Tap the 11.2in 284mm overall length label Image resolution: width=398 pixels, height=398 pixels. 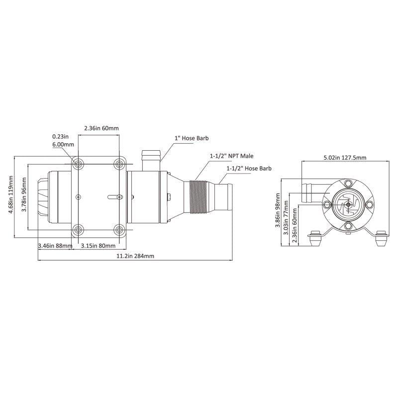pos(136,256)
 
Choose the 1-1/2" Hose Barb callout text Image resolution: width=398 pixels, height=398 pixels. pos(249,169)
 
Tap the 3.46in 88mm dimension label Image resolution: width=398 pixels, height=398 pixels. pos(55,245)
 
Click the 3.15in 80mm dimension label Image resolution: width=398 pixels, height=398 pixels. pos(99,245)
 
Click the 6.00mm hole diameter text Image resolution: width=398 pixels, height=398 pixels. pos(63,144)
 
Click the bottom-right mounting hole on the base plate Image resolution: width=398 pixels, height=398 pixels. pos(119,229)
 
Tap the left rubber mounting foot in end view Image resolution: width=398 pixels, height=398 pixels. pos(315,239)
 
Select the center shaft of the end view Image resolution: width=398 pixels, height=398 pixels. pos(348,204)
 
